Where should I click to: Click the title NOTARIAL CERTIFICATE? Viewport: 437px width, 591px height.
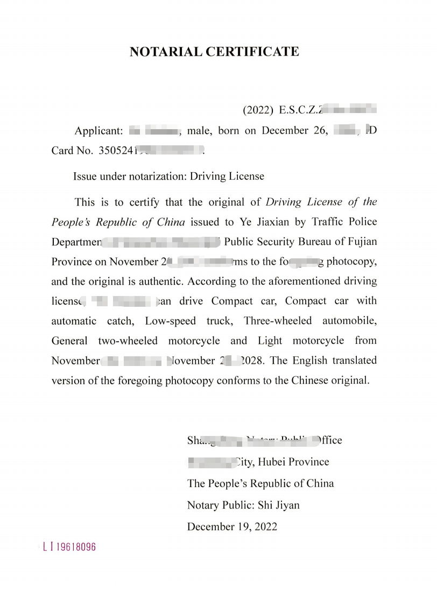pos(214,52)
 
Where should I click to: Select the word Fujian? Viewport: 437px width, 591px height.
pos(363,242)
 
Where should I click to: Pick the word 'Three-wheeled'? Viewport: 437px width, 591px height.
pos(278,321)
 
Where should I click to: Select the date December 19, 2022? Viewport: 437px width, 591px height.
pos(232,527)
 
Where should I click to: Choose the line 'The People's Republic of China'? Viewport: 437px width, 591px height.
pos(260,483)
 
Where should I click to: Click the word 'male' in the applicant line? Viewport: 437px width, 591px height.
pos(199,131)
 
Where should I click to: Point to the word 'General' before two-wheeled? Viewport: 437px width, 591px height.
pos(69,341)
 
